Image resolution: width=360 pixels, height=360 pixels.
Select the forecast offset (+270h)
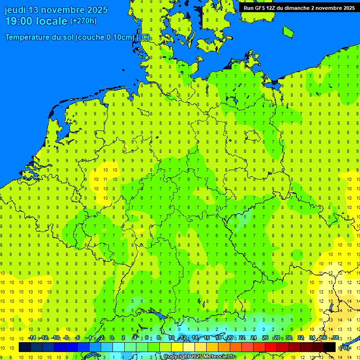83,21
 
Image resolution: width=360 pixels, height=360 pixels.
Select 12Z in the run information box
273,8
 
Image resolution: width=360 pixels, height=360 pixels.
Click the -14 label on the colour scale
31,338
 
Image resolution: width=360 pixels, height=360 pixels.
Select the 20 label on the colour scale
230,338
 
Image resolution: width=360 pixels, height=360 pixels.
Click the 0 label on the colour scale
112,338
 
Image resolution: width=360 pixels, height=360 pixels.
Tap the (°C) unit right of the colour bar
344,347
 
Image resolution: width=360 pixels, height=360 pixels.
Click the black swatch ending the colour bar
329,347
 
